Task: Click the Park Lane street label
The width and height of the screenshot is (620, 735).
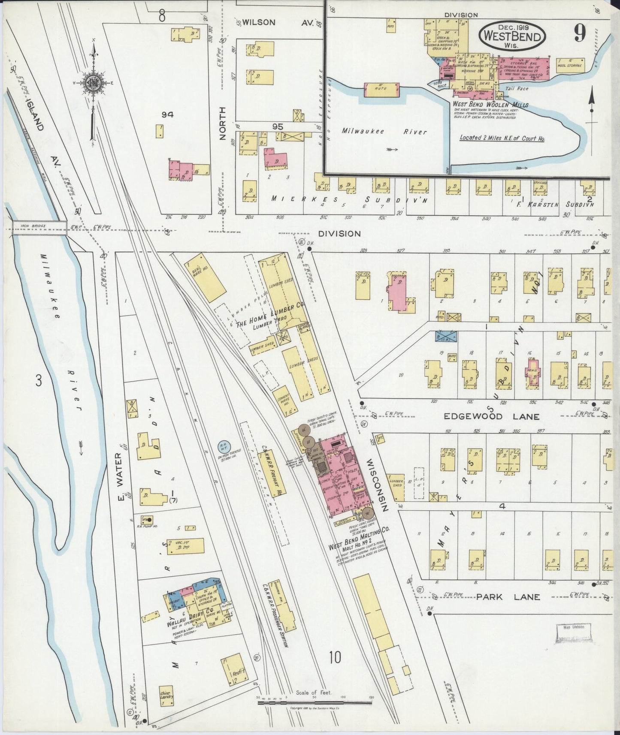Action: (x=508, y=597)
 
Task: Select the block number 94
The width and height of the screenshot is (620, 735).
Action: (x=168, y=114)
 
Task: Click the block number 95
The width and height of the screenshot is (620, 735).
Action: (x=278, y=127)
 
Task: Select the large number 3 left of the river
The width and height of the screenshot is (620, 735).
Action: (x=39, y=381)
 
